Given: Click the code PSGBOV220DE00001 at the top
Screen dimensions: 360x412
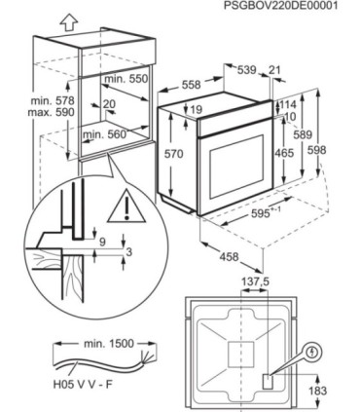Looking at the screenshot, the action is coord(281,6).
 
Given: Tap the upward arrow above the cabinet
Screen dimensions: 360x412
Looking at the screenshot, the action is coord(69,23).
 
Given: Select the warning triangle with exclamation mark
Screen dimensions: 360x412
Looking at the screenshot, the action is coord(127,207).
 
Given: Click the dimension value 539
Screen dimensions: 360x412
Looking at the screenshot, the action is coord(247,70).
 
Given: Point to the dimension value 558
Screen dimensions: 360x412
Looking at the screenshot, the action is coord(191,85).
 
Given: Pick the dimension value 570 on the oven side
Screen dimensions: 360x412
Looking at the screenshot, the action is coord(173,154).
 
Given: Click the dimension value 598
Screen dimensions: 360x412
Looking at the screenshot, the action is coord(316,150).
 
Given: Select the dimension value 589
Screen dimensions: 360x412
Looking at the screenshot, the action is coord(303,134).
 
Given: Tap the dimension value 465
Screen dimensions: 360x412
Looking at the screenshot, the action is coord(284,153).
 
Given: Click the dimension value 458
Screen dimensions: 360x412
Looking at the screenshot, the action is coord(229,257).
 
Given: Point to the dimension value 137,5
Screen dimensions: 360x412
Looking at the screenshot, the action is coord(255,282).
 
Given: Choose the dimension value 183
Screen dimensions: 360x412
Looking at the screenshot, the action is coord(317,391).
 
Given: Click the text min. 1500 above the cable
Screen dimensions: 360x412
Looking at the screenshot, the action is coord(109,344).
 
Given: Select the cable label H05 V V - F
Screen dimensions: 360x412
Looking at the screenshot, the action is coord(83,385).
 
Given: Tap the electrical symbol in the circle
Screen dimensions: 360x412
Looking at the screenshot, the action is coord(312,353).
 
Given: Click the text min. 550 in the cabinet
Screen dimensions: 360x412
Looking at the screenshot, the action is coord(126,79).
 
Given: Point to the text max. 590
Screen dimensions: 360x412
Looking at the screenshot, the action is coord(51,112).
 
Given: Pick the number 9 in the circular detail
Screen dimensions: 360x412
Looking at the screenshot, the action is coord(102,242).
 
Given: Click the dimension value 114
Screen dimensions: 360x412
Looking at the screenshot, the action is coord(288,104).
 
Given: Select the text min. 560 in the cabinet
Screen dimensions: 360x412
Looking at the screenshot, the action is coord(105,134).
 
